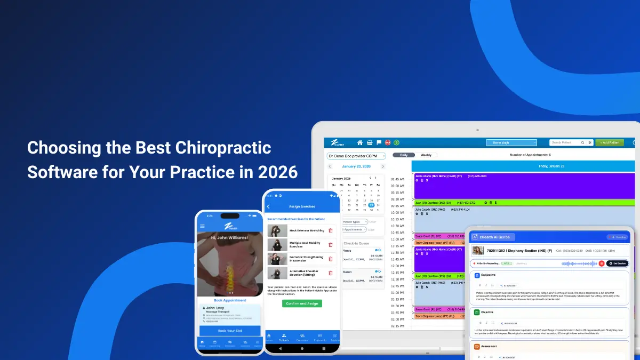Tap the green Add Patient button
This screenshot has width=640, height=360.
pyautogui.click(x=610, y=142)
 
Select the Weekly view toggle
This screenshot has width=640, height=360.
pyautogui.click(x=426, y=155)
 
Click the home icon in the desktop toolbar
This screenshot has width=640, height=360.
pyautogui.click(x=360, y=142)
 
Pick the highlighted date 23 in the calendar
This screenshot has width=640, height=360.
pyautogui.click(x=371, y=205)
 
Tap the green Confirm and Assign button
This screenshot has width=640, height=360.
pyautogui.click(x=302, y=303)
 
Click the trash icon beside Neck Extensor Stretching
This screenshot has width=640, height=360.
pyautogui.click(x=331, y=230)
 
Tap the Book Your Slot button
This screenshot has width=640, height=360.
pyautogui.click(x=229, y=331)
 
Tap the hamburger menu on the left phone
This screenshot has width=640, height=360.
pyautogui.click(x=202, y=226)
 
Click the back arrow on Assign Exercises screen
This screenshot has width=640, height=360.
pyautogui.click(x=268, y=206)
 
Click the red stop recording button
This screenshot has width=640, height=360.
pyautogui.click(x=601, y=263)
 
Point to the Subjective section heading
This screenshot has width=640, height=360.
pyautogui.click(x=488, y=275)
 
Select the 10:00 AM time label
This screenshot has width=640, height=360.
pyautogui.click(x=397, y=212)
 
